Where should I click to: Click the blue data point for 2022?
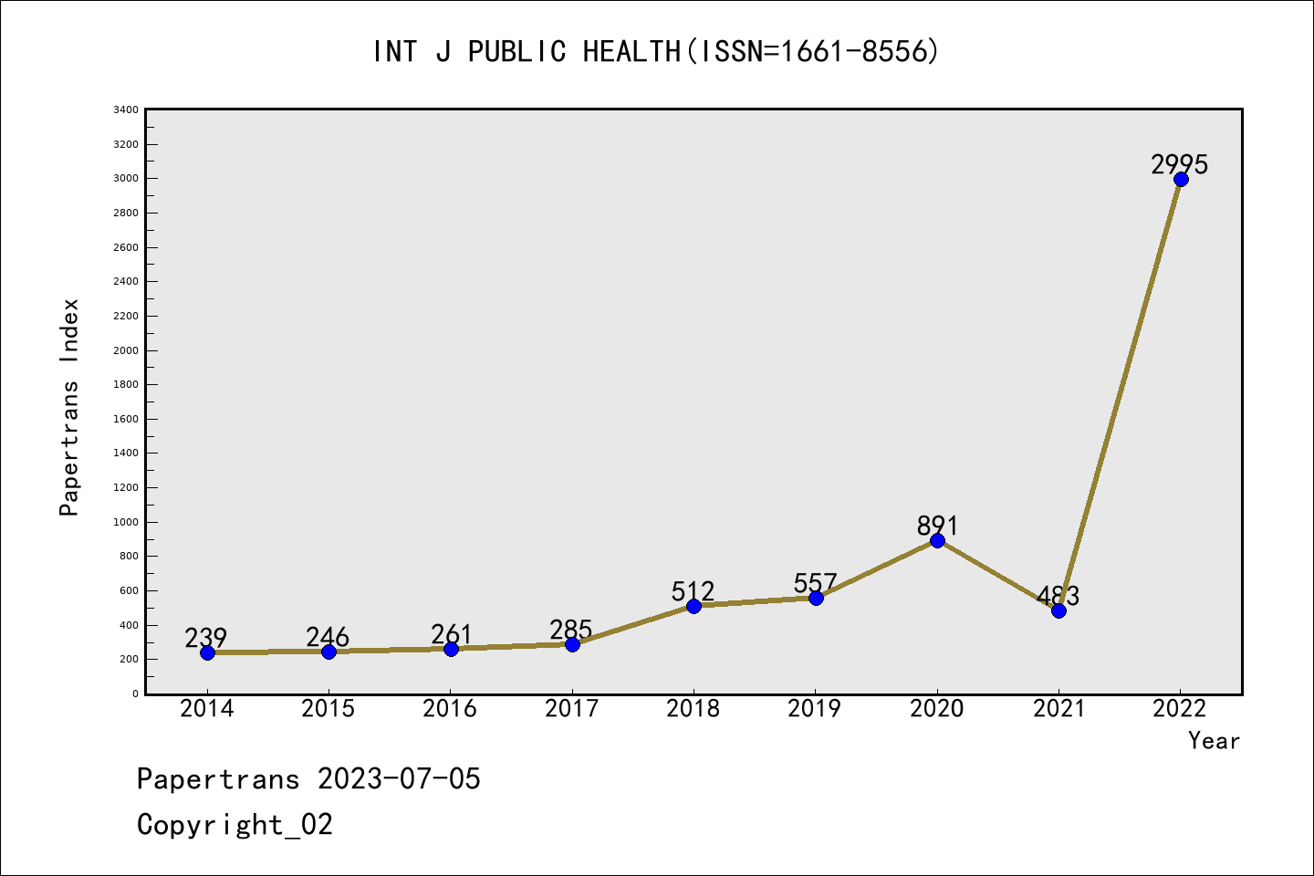[x=1181, y=179]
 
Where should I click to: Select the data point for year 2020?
[x=937, y=540]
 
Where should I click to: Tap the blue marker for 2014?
[x=207, y=652]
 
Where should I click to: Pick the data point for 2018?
[x=693, y=606]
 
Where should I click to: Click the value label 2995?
[x=1179, y=164]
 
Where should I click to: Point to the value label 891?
[x=937, y=526]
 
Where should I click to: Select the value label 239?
[x=205, y=637]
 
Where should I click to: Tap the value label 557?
[x=815, y=583]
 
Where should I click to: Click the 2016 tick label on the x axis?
[x=450, y=708]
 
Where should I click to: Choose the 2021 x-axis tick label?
[x=1058, y=708]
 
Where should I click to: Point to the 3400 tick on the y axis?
[x=126, y=110]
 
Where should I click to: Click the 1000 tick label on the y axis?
[x=126, y=522]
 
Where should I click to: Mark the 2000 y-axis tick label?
[x=126, y=350]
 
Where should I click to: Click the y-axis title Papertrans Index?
[x=69, y=407]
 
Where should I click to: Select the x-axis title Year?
[x=1214, y=741]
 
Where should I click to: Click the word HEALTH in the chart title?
[x=631, y=52]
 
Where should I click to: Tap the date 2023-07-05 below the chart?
[x=399, y=779]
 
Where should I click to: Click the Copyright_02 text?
[x=235, y=825]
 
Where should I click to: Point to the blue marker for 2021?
[x=1058, y=610]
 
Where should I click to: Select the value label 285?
[x=571, y=630]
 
